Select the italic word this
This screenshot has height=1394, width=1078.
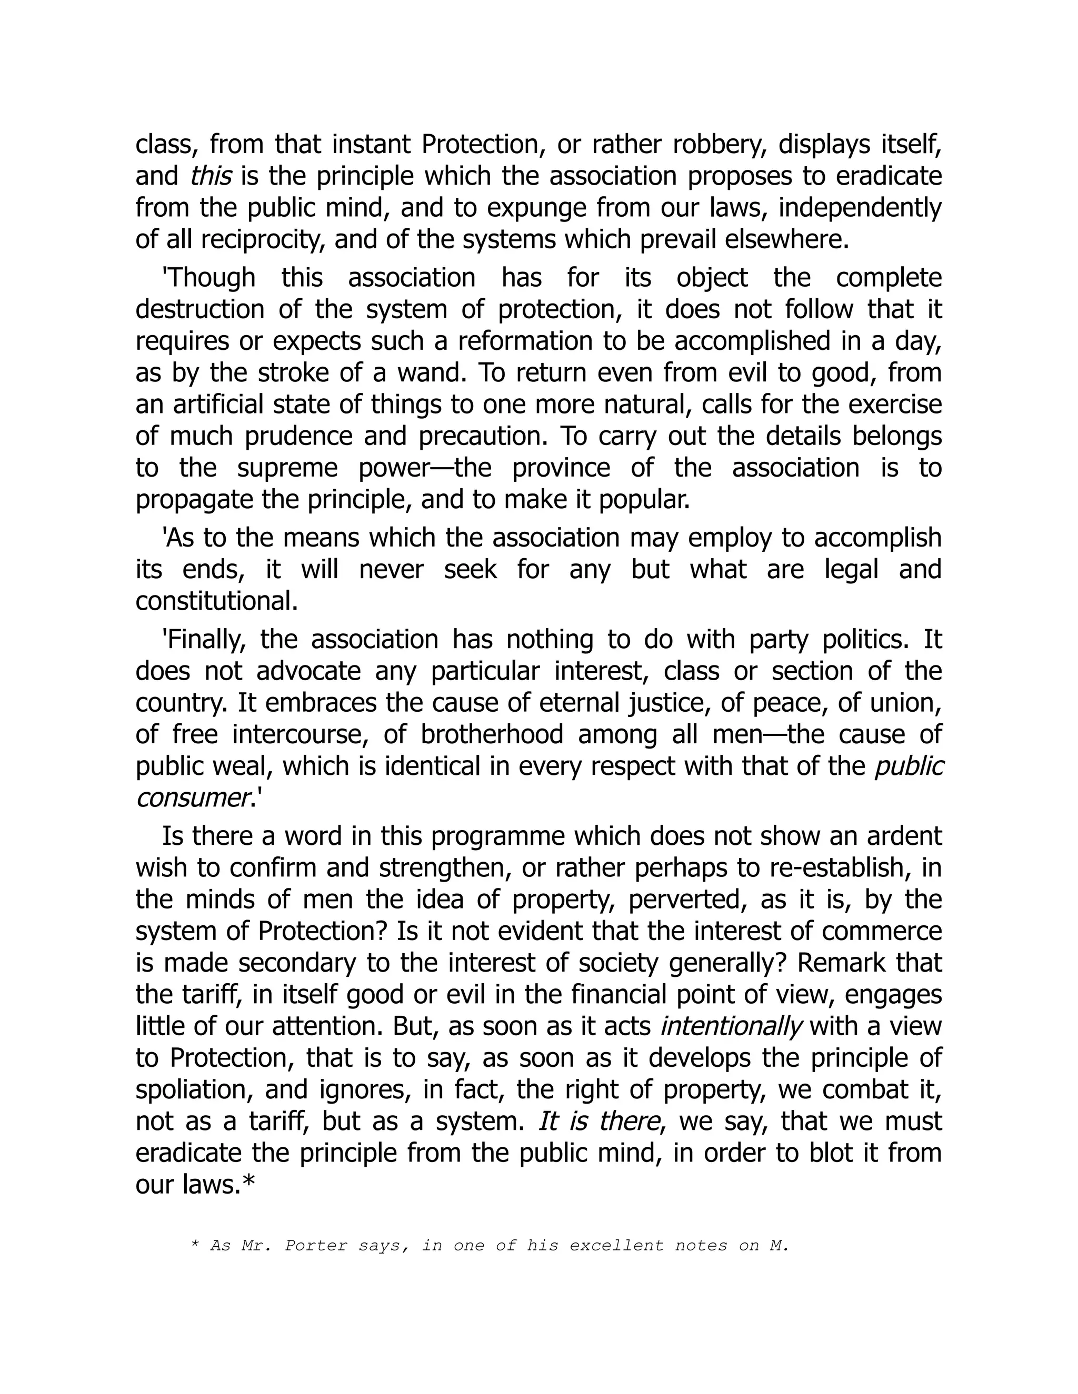[211, 176]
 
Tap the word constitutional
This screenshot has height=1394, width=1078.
[216, 601]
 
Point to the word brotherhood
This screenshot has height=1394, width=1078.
[492, 735]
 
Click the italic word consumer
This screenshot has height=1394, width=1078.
[192, 799]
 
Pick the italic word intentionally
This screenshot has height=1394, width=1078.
[731, 1026]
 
